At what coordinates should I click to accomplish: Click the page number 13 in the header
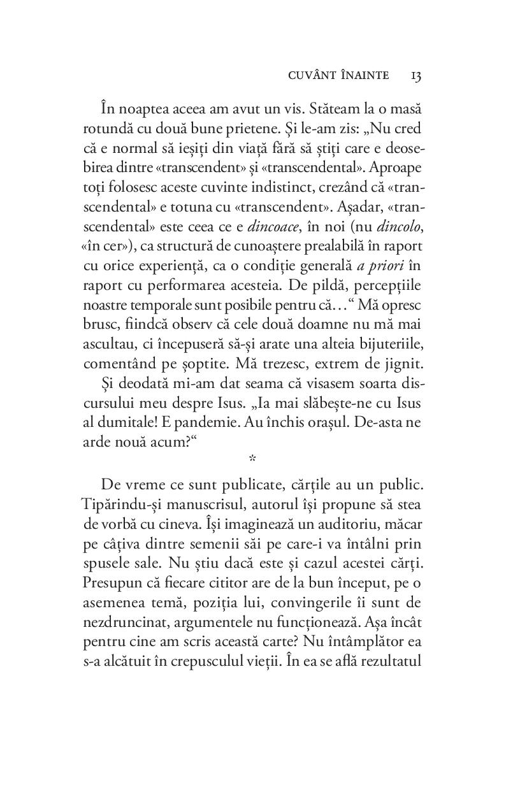coord(416,76)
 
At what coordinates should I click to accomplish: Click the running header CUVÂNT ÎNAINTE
coord(338,76)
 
